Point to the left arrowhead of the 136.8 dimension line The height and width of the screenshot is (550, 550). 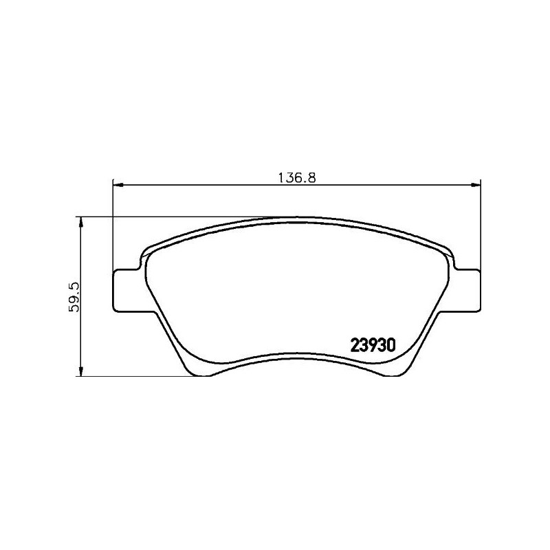coord(117,184)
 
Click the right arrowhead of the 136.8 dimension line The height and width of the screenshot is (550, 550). coord(475,184)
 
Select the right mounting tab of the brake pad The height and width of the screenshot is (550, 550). coord(465,288)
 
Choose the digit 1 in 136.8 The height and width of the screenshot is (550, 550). coord(280,177)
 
